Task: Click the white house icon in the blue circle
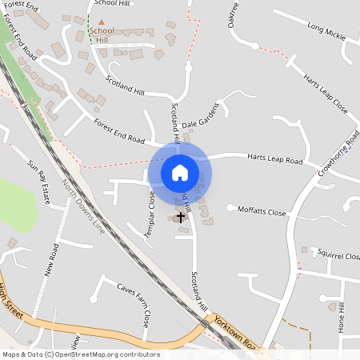[x=179, y=172]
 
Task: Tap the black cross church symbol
[x=181, y=216]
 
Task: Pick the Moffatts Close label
[x=262, y=212]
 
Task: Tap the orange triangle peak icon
[x=101, y=22]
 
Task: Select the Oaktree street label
[x=234, y=14]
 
